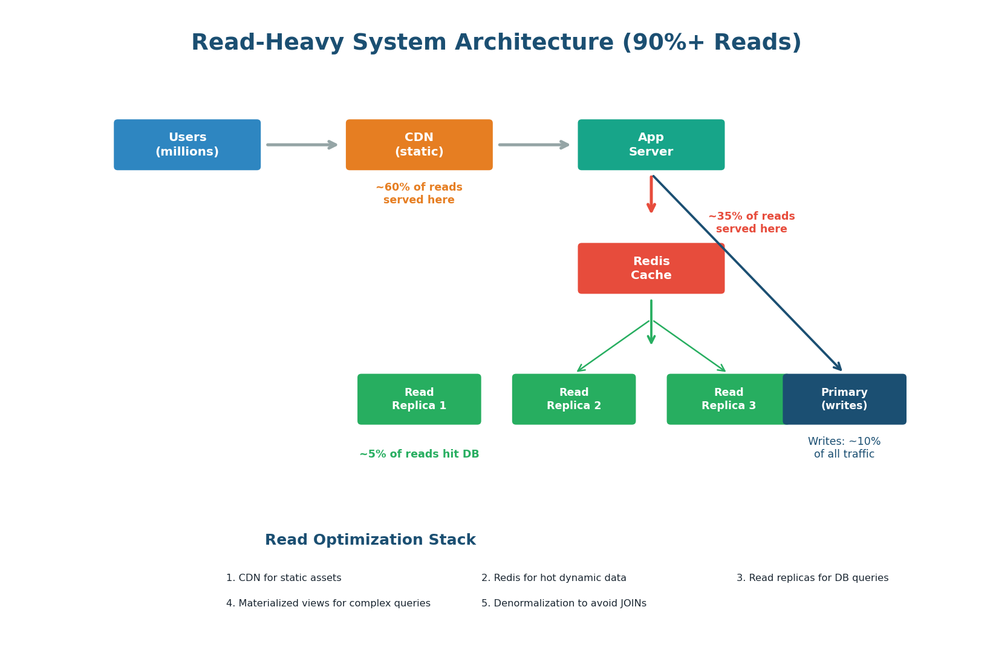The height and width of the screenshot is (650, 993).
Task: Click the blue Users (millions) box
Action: [x=187, y=145]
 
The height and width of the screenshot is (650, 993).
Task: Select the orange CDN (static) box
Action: [x=419, y=145]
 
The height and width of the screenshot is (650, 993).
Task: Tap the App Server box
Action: [x=651, y=145]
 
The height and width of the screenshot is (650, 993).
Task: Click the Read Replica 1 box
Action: [x=419, y=399]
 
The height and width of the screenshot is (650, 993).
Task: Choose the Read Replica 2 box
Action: [x=573, y=399]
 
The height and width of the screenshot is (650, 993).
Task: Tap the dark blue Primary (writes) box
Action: [x=844, y=399]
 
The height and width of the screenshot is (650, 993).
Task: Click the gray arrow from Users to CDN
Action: [x=301, y=145]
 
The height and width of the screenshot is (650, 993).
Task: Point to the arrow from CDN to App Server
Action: [x=533, y=145]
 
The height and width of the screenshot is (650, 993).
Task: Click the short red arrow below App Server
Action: [x=651, y=194]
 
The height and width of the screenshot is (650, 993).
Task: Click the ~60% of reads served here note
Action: [x=419, y=194]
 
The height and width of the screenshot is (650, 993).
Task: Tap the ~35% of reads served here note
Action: [x=751, y=223]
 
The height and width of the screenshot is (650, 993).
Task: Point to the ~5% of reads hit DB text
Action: [x=419, y=454]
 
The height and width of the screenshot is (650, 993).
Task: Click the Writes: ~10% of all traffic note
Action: [x=844, y=448]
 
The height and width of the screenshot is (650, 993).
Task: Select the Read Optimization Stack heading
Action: [x=370, y=540]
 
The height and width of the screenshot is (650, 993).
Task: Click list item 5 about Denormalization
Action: [x=564, y=603]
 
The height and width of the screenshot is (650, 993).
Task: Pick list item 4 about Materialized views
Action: [x=328, y=603]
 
